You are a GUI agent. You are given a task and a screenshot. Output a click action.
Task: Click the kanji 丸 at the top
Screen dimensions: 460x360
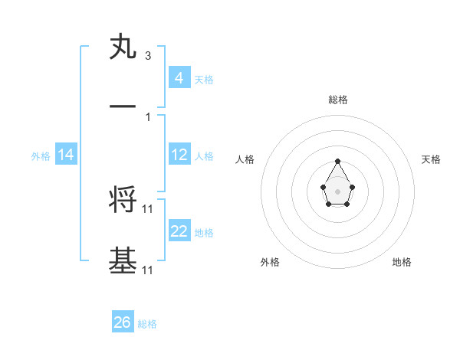[x=123, y=48]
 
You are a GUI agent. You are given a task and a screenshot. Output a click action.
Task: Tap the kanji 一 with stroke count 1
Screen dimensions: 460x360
[x=123, y=108]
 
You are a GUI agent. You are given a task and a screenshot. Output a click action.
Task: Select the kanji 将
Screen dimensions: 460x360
[x=123, y=199]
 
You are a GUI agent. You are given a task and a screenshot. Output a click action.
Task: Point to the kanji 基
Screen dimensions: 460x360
[x=123, y=260]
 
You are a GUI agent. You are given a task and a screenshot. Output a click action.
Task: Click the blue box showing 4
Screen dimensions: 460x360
[x=179, y=77]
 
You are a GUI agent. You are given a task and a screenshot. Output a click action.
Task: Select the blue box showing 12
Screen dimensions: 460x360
[x=179, y=155]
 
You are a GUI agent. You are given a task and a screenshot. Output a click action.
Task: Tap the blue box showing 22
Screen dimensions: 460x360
[x=179, y=231]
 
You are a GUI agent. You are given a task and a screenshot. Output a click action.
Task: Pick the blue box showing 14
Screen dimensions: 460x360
[x=66, y=155]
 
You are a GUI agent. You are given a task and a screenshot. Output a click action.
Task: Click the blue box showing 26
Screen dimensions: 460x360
[x=123, y=322]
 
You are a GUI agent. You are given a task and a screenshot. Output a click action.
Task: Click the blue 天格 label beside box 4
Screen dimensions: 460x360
[x=204, y=79]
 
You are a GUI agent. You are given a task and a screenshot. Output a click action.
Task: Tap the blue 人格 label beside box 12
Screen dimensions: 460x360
[x=204, y=155]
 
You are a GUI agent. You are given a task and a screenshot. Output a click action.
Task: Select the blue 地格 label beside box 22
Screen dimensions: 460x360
[x=204, y=233]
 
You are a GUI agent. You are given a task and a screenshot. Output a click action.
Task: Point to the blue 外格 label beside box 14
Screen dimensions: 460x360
[x=41, y=155]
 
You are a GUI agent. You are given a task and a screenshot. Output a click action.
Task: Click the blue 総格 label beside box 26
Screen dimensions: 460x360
[x=147, y=324]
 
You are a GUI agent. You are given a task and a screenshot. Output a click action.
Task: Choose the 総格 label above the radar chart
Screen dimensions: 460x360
[x=338, y=100]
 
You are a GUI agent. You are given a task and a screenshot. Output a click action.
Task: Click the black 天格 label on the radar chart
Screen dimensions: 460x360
[x=431, y=159]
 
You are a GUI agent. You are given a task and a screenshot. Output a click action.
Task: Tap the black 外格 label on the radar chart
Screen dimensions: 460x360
[x=270, y=262]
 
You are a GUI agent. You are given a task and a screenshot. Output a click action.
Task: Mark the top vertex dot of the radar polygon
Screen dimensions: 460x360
[x=338, y=161]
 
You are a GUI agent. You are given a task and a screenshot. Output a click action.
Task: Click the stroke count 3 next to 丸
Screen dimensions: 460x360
[x=147, y=56]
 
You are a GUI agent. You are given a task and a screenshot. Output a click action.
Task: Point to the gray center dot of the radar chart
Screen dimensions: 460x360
[x=338, y=190]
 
